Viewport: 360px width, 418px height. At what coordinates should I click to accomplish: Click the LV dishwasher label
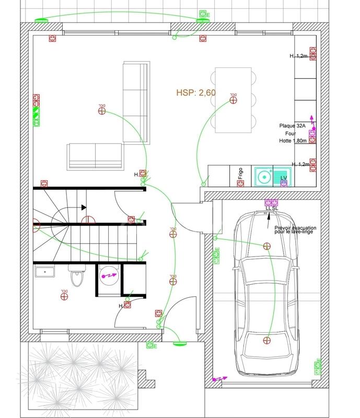click(x=284, y=178)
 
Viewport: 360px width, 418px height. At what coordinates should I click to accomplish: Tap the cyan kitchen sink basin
click(x=265, y=176)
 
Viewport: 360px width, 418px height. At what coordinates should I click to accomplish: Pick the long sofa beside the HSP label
click(x=137, y=102)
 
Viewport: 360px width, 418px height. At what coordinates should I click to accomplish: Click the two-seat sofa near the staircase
click(x=95, y=155)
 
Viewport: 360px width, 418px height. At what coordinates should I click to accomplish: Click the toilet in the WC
click(x=76, y=276)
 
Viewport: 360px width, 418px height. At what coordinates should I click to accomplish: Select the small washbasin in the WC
click(x=44, y=271)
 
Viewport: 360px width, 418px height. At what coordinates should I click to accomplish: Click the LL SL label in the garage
click(x=272, y=208)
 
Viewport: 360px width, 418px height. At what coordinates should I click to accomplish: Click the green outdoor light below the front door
click(x=180, y=343)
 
